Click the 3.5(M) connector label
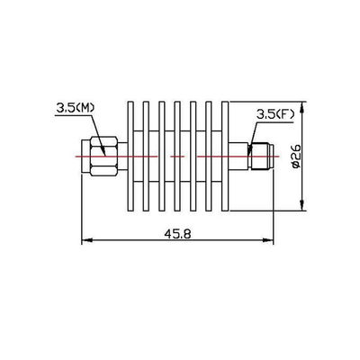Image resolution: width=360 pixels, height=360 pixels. click(x=75, y=108)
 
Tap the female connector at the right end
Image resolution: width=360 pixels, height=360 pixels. click(x=261, y=157)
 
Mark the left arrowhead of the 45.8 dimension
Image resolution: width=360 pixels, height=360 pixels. click(x=86, y=241)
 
